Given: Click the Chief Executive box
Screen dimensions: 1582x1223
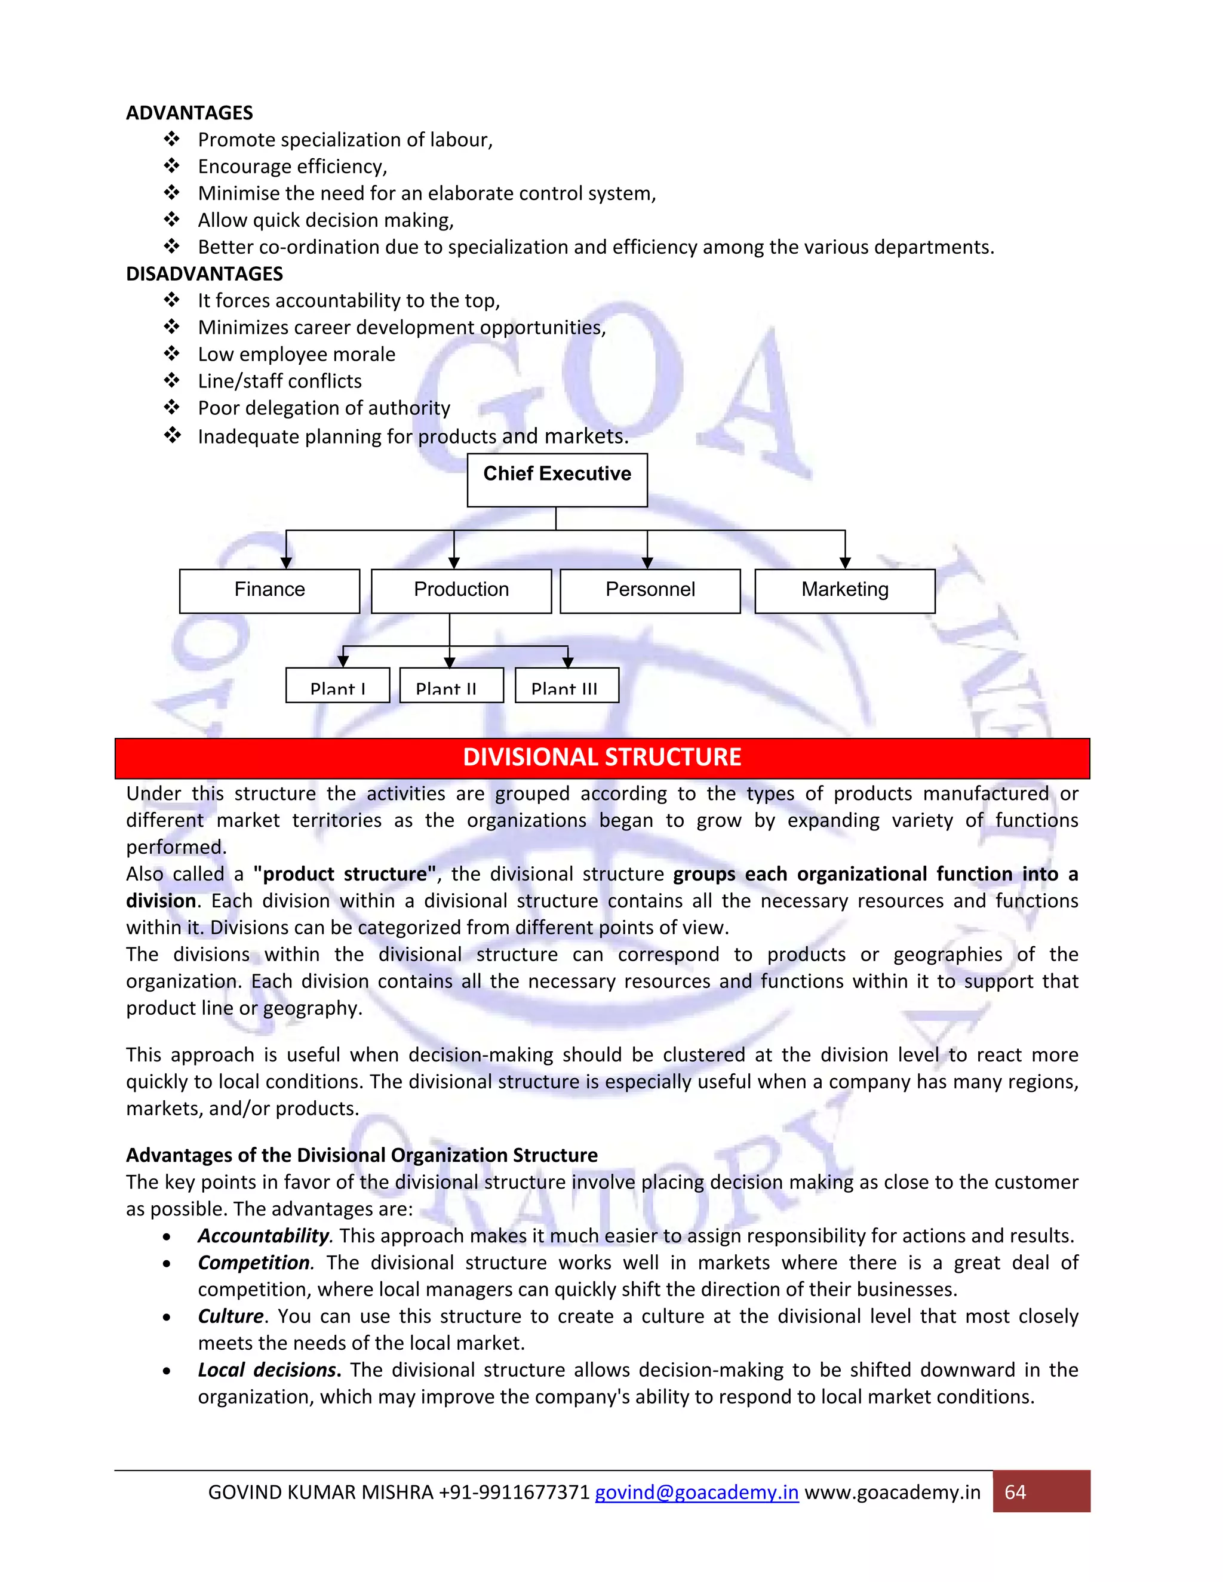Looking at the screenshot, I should coord(557,479).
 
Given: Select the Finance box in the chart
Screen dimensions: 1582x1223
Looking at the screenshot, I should coord(269,590).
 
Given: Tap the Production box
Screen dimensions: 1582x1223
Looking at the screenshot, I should coord(461,590).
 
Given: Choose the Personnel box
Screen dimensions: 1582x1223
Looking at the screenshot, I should coord(650,590).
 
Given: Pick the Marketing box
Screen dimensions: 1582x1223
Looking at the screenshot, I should coord(845,590).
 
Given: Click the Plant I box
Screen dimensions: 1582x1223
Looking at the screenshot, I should coord(337,685).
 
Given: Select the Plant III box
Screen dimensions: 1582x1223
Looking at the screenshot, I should coord(567,685).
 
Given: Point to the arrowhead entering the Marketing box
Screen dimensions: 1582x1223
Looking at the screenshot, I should coord(845,563).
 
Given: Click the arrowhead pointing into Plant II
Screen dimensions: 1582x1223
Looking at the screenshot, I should coord(449,662).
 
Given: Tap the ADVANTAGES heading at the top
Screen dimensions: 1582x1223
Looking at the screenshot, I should coord(189,113).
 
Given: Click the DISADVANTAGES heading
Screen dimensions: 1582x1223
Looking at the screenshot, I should coord(204,274).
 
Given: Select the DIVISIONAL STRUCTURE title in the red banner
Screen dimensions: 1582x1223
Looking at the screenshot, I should coord(601,758).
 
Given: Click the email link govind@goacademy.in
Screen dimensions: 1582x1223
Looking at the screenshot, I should coord(696,1492).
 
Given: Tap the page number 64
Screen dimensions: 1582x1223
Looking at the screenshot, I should coord(1015,1492).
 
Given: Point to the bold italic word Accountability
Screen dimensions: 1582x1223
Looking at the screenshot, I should coord(263,1236).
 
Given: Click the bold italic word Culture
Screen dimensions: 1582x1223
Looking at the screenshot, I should coord(231,1316).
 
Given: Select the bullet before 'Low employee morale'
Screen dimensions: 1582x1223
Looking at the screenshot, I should coord(172,353).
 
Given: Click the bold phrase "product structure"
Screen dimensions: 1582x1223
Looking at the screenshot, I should coord(345,875).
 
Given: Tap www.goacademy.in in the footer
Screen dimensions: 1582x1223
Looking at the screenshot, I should coord(893,1492).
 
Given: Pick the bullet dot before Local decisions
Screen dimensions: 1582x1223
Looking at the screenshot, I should coord(167,1371).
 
